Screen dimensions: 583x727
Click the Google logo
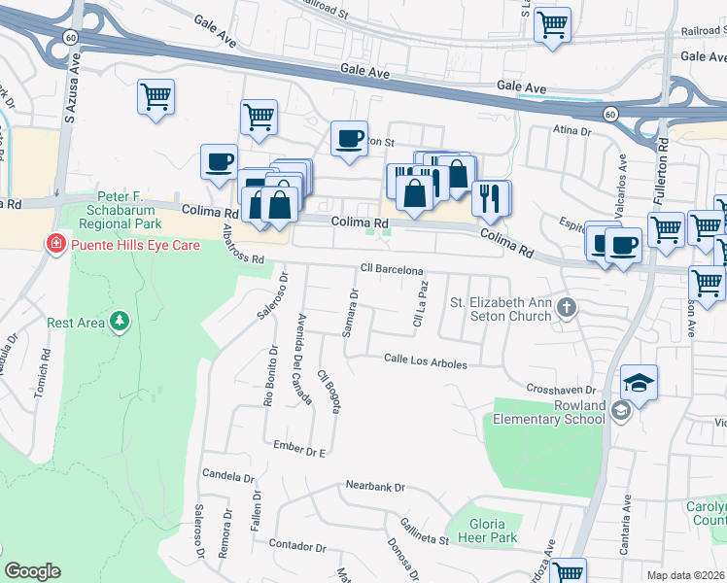click(x=32, y=570)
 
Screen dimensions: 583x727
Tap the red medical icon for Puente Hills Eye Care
click(x=56, y=245)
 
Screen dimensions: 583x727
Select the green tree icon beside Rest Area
click(x=119, y=322)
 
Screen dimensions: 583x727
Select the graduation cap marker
click(x=638, y=382)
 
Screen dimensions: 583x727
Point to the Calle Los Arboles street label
click(x=425, y=363)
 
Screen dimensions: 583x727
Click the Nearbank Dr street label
click(x=374, y=486)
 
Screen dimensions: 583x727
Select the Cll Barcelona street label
click(x=392, y=269)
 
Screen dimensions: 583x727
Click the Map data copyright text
click(x=686, y=575)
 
